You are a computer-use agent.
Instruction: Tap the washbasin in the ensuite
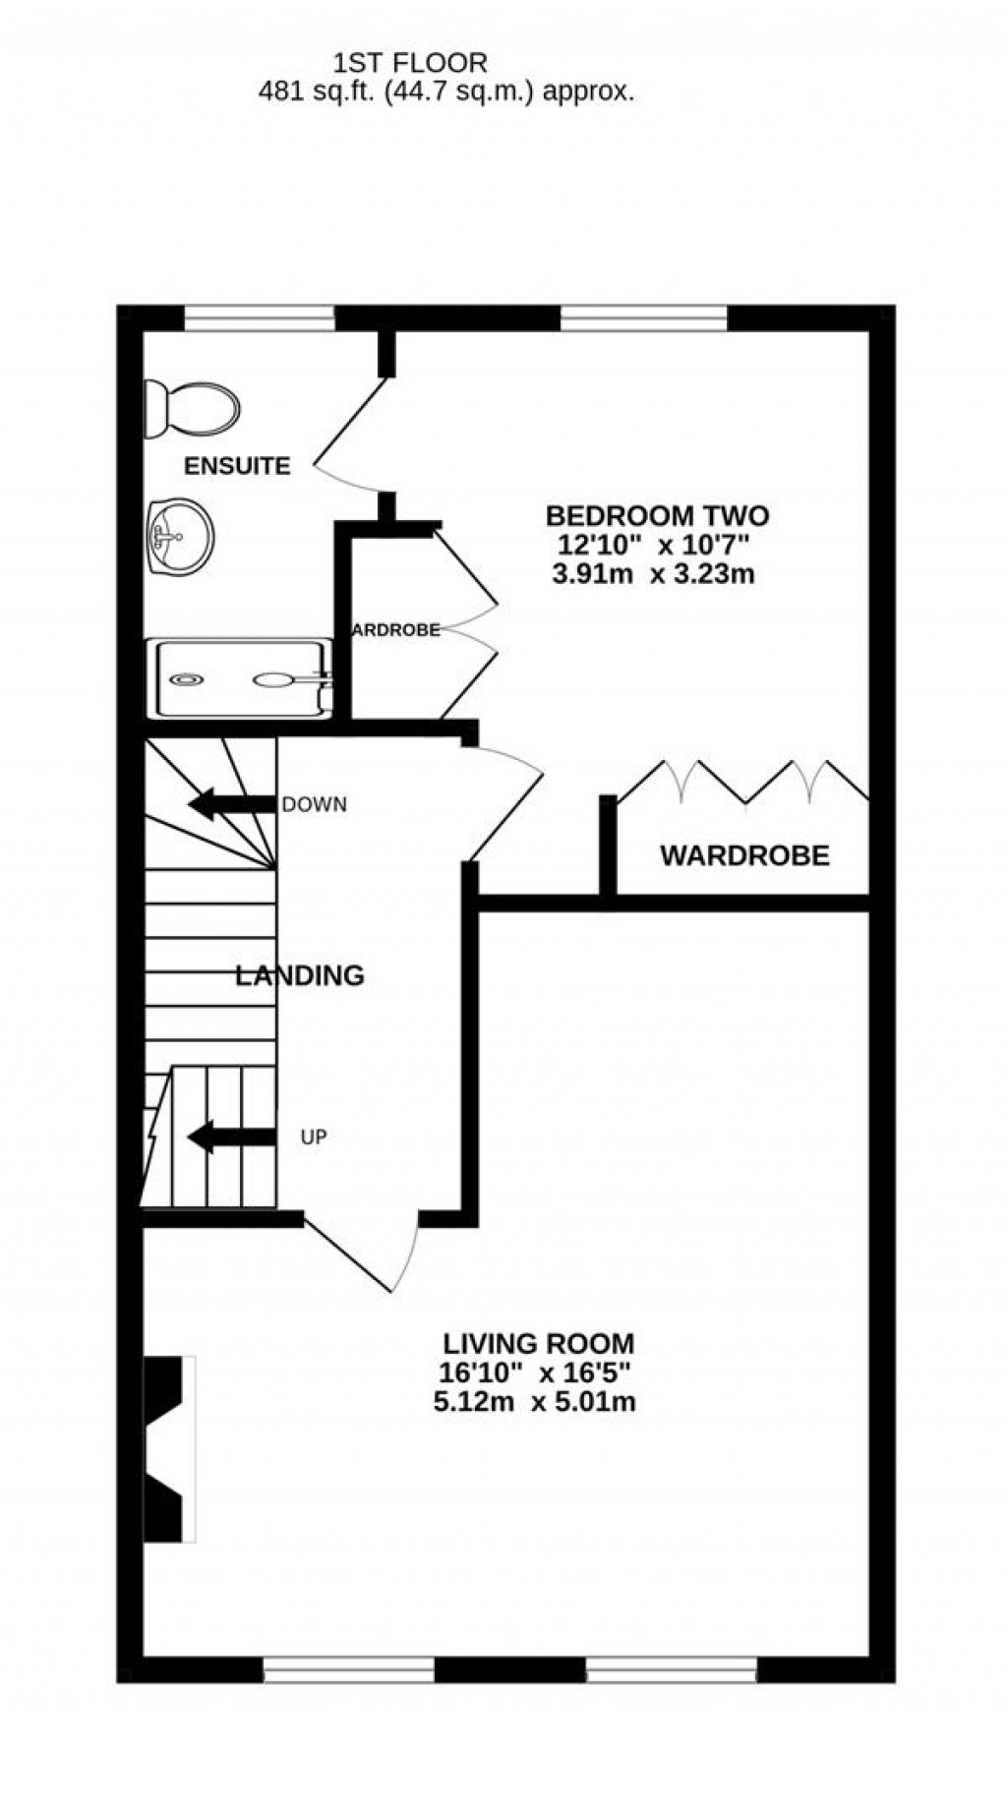click(181, 535)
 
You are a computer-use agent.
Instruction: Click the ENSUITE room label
click(237, 466)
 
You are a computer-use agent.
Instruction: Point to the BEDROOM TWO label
click(657, 515)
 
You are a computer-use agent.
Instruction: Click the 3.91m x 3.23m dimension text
click(653, 574)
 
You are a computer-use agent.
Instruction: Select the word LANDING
click(300, 975)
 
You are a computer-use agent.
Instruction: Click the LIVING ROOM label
click(538, 1343)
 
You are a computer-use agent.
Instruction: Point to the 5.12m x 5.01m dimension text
click(534, 1402)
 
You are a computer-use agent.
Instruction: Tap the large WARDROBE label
click(744, 855)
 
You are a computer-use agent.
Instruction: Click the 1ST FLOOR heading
click(410, 64)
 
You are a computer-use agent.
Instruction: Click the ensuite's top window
click(260, 318)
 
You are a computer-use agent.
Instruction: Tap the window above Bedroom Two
click(643, 318)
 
